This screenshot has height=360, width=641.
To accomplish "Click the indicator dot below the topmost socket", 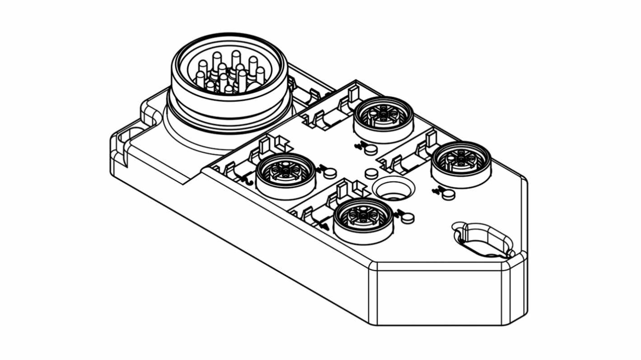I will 371,149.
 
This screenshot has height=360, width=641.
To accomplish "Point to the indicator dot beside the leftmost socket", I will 331,172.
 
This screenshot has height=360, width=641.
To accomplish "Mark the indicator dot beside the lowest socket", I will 408,218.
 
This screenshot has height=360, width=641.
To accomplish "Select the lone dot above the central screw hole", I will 371,173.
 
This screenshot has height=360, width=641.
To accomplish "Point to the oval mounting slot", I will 483,239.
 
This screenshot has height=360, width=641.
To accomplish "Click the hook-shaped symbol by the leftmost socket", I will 247,180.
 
